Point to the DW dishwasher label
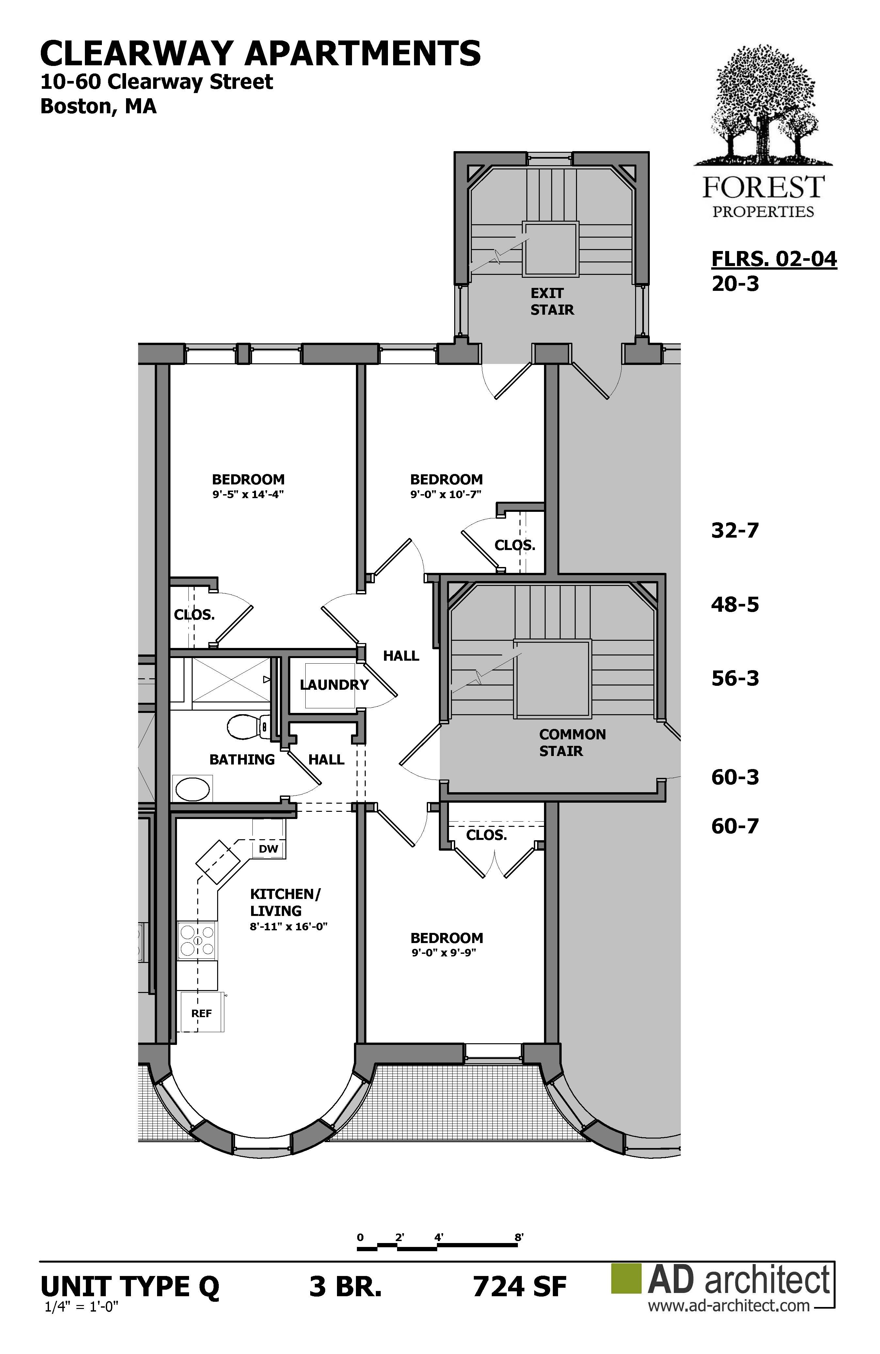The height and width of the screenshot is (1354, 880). (x=269, y=849)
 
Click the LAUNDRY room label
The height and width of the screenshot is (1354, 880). (x=334, y=685)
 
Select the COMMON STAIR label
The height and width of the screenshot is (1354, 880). (x=572, y=742)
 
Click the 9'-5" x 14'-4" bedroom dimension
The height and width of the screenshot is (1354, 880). (x=248, y=495)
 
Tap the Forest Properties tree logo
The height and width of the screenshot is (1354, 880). (x=763, y=105)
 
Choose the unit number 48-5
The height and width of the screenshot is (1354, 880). (x=735, y=604)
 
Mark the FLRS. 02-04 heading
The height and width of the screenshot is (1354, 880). (x=774, y=259)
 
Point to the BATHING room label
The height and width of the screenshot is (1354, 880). (x=242, y=760)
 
